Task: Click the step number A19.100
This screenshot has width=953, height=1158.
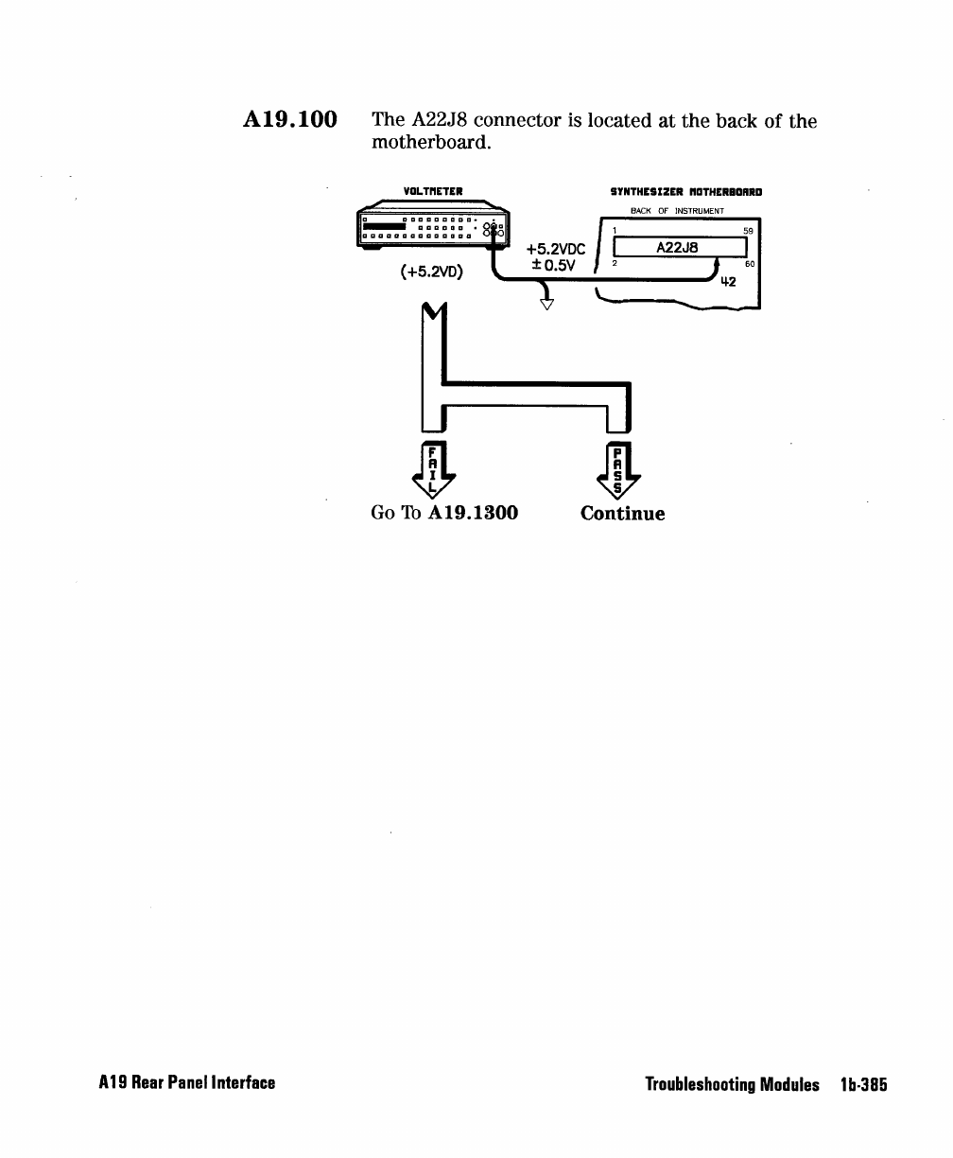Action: pos(290,121)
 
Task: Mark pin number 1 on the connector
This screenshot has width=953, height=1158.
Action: pos(615,230)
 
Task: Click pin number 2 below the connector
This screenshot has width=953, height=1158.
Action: pos(615,264)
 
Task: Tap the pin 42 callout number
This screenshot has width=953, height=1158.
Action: pos(728,282)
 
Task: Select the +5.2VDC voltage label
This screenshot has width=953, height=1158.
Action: pos(556,250)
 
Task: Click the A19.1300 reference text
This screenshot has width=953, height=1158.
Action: pos(473,514)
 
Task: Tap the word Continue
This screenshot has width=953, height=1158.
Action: pos(622,514)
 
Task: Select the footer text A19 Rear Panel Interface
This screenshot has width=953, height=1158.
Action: pos(187,1083)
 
